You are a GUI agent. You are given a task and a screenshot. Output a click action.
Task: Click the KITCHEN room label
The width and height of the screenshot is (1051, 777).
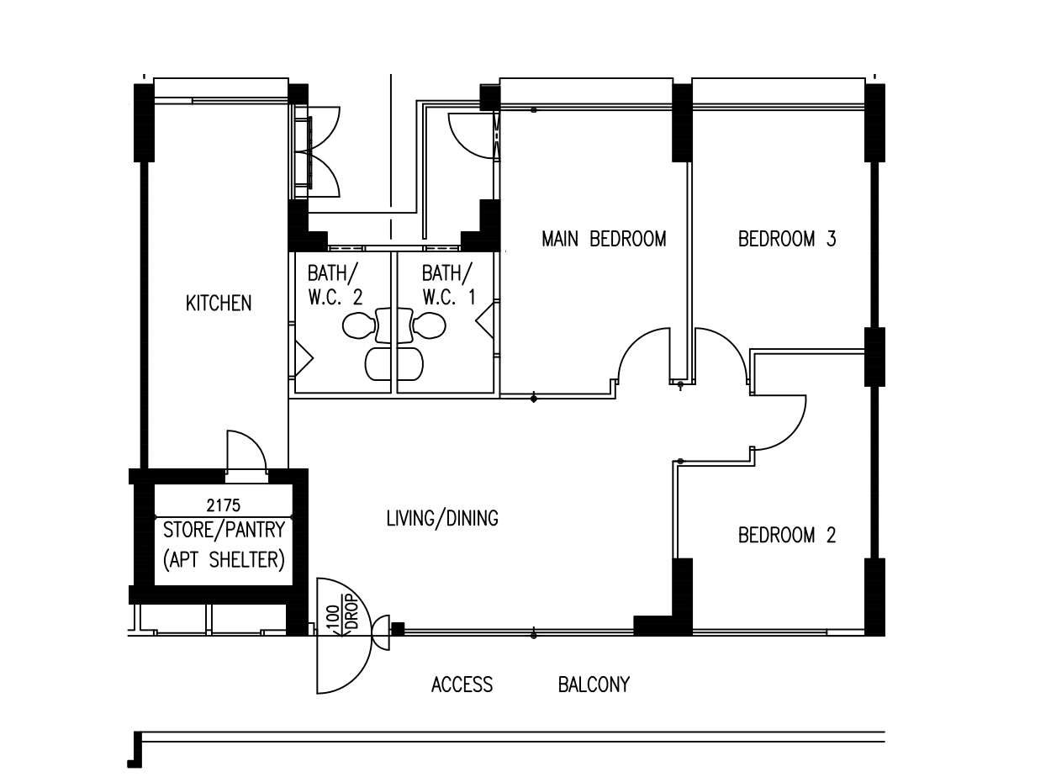click(x=218, y=304)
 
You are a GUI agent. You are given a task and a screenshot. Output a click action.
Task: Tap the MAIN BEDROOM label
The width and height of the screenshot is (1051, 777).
click(x=604, y=239)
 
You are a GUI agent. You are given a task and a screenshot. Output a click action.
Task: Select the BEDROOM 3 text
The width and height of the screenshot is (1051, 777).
click(x=787, y=239)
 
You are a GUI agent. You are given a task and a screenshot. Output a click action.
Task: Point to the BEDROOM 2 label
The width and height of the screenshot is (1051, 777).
click(x=787, y=536)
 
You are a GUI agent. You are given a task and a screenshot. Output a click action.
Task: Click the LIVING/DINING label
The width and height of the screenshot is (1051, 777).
click(x=441, y=519)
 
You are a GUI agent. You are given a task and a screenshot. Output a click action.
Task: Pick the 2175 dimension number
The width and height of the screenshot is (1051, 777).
click(x=223, y=505)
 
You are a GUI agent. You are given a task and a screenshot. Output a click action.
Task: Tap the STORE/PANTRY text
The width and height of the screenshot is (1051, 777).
click(x=223, y=531)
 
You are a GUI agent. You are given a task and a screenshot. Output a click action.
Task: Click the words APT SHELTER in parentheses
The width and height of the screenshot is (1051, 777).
click(x=223, y=559)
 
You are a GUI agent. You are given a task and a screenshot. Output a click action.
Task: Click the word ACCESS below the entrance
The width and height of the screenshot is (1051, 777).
click(x=462, y=685)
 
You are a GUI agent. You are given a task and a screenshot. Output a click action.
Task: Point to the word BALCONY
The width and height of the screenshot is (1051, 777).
click(x=594, y=685)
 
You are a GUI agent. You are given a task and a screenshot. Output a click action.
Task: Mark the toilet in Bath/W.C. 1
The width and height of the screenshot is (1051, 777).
click(x=429, y=326)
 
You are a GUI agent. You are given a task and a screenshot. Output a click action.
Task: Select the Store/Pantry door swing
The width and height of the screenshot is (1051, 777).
click(x=246, y=452)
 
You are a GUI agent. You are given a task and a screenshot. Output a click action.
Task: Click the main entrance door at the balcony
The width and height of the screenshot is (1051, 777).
click(x=342, y=637)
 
